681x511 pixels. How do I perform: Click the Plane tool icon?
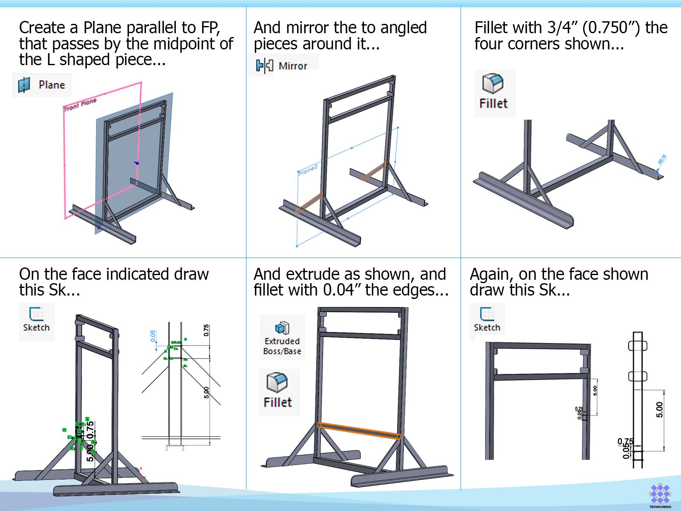click(24, 85)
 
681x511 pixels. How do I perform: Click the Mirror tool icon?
click(264, 66)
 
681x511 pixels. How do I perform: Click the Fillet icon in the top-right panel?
click(493, 84)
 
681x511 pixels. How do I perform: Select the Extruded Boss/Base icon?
click(282, 328)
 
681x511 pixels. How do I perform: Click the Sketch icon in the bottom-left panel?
click(36, 315)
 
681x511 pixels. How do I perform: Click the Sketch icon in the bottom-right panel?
click(486, 315)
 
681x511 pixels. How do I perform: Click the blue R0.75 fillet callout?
click(662, 160)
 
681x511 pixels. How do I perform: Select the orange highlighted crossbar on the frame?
click(359, 430)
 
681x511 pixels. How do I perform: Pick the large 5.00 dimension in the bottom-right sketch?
click(659, 410)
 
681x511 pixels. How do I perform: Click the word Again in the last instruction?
click(490, 274)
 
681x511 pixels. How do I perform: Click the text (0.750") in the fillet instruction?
click(611, 28)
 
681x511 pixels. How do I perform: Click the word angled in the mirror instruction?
click(403, 28)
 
